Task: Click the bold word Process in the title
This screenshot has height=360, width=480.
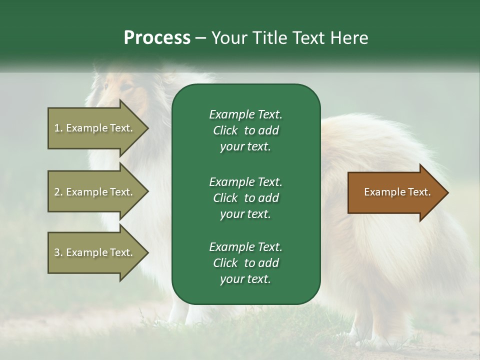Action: coord(157,38)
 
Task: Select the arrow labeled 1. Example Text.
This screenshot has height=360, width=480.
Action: coord(95,128)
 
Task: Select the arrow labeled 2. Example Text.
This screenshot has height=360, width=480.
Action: coord(95,192)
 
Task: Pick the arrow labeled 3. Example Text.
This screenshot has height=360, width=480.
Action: coord(95,252)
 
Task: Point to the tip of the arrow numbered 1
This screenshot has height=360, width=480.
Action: coord(147,128)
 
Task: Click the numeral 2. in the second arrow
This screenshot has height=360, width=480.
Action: coord(58,192)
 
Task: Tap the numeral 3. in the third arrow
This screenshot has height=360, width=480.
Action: coord(58,252)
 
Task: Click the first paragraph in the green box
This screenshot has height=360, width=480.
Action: coord(245,130)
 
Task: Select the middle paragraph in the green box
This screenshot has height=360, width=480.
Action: coord(245,197)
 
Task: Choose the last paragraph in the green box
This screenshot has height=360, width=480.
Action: coord(245,263)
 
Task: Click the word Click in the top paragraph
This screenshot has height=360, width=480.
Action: coord(225,130)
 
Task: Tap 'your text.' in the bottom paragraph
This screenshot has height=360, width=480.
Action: coord(245,279)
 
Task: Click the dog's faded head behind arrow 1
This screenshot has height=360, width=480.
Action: coord(120,90)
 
